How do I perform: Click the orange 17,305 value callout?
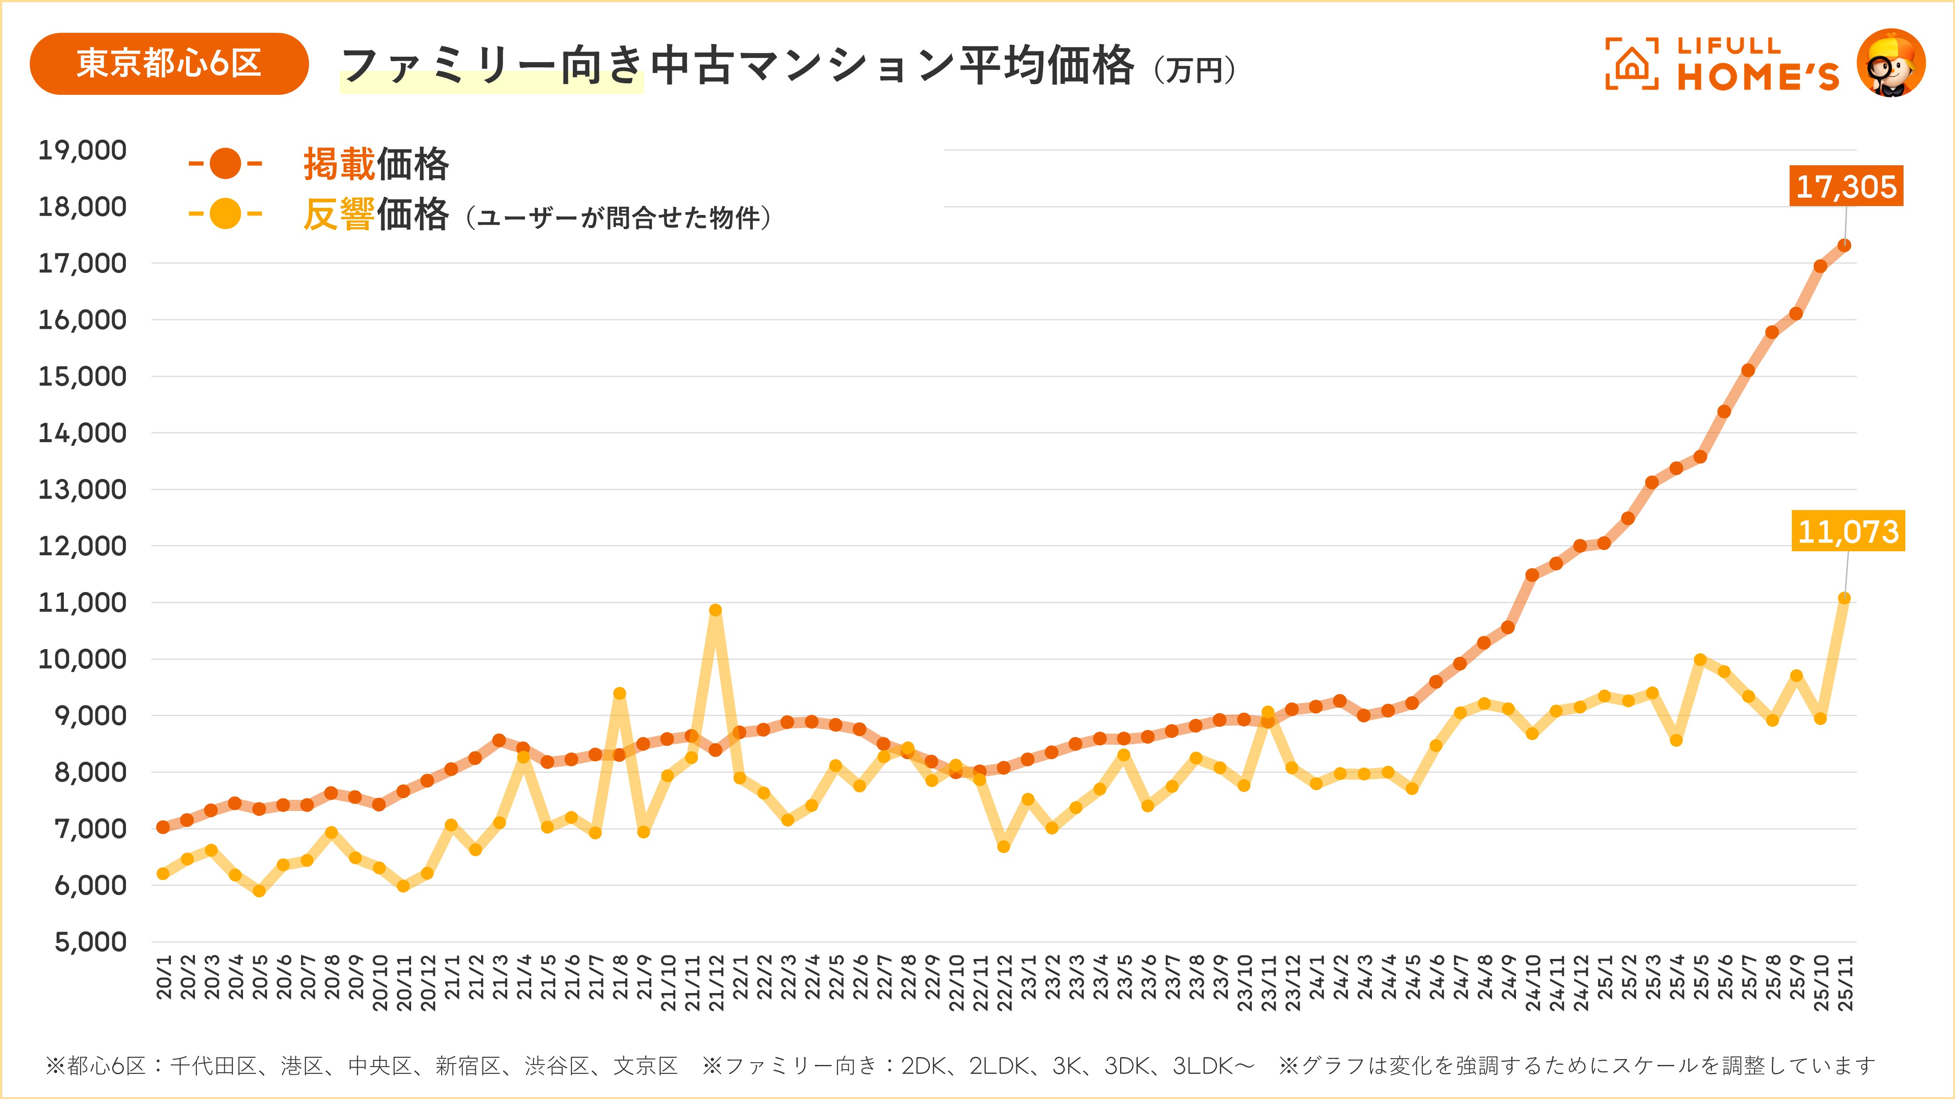[x=1846, y=186]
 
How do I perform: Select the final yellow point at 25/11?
[x=1844, y=598]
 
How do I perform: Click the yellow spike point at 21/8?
[x=619, y=693]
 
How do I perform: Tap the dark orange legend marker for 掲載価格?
[x=225, y=164]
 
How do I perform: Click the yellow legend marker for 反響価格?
[x=225, y=214]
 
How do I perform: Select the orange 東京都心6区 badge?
[x=168, y=64]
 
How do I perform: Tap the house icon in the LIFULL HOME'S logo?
[x=1632, y=64]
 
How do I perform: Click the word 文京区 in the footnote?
[x=645, y=1066]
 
